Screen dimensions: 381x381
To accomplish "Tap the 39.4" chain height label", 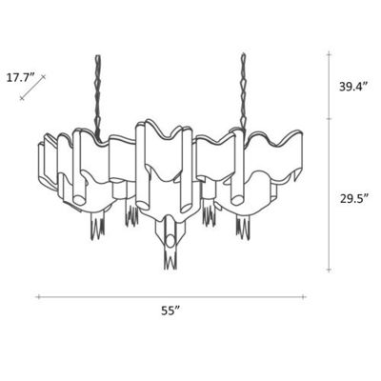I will tap(354, 88).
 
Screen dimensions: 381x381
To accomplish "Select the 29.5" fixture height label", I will tap(354, 199).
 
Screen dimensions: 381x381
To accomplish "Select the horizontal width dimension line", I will tap(172, 297).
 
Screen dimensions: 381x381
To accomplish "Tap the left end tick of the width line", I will tap(37, 297).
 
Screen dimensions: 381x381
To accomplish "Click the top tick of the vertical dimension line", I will tap(330, 54).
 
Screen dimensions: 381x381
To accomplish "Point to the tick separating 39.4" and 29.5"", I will tap(330, 119).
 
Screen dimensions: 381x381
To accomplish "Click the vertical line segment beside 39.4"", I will tap(330, 88).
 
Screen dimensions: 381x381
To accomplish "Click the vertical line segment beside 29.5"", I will tap(330, 196).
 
